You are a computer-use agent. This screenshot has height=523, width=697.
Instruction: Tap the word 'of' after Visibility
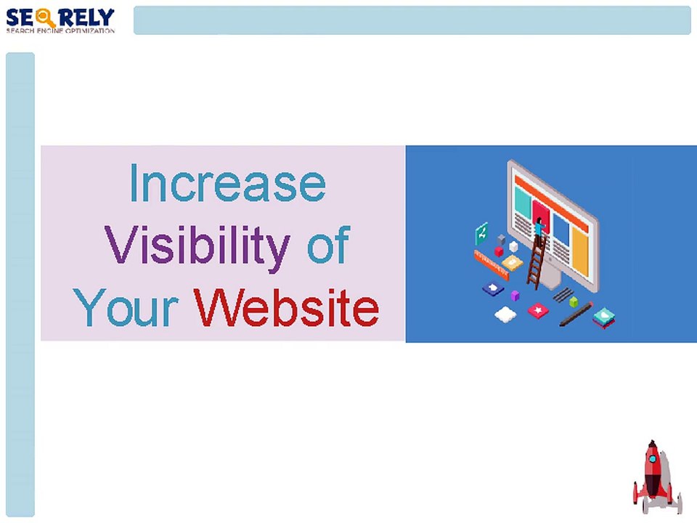328,246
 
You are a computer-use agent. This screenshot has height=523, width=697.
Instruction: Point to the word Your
126,308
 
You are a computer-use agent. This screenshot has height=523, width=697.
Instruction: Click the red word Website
286,308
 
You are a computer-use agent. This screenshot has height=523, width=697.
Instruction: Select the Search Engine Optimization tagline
60,31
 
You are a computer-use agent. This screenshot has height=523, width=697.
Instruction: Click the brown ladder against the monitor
537,261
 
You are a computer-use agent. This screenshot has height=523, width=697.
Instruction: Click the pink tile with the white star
537,311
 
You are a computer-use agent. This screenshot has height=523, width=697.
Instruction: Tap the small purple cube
515,296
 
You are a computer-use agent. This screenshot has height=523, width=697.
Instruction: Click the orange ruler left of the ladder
490,264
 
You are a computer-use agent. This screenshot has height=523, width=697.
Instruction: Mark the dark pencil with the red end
576,314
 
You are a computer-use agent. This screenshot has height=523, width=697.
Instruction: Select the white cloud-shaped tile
505,314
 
